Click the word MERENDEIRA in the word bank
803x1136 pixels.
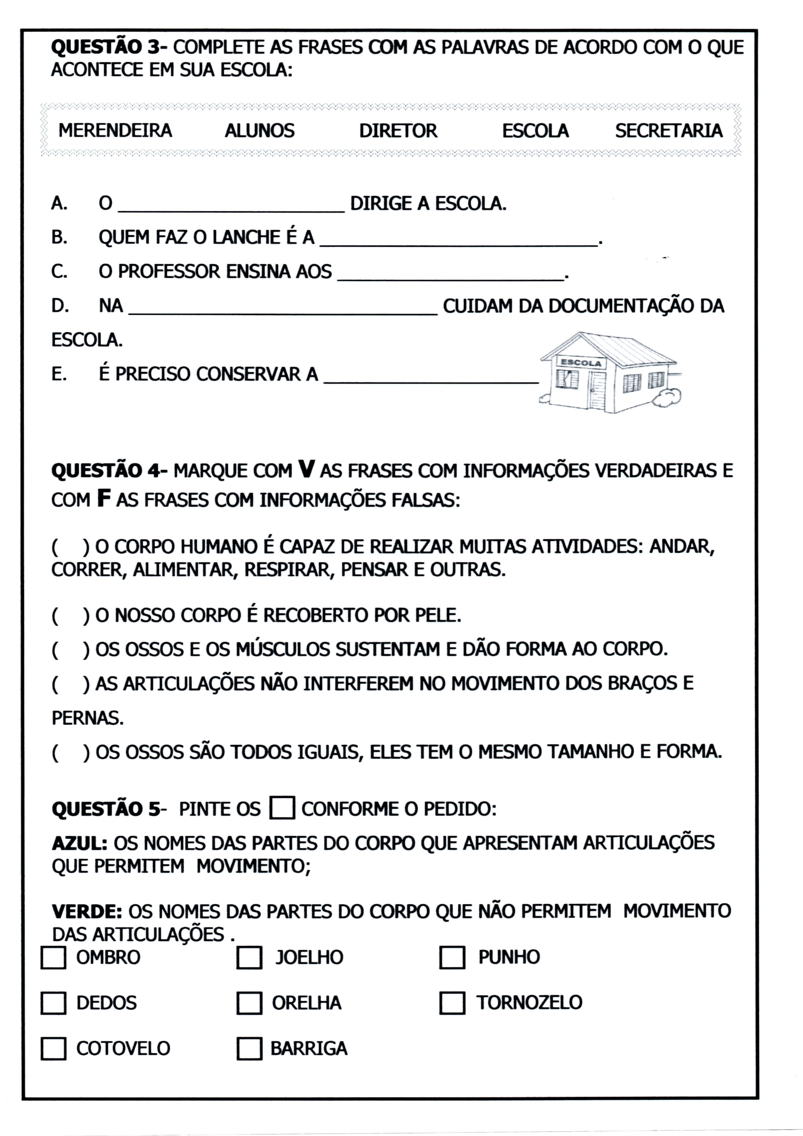(115, 131)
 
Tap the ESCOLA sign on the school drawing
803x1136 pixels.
(580, 363)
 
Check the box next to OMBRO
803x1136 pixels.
(53, 957)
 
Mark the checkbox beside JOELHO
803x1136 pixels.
(249, 957)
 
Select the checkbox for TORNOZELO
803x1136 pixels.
(452, 1003)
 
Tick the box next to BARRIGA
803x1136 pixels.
(249, 1048)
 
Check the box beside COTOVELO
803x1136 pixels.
(53, 1048)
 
